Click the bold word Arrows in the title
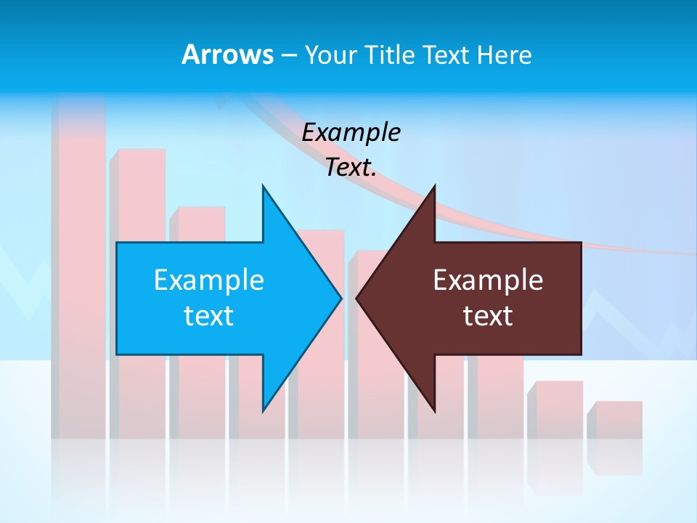(227, 54)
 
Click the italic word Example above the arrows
(351, 133)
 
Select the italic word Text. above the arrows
(351, 168)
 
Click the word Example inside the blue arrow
(209, 280)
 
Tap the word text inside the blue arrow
(209, 316)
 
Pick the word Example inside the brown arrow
(488, 280)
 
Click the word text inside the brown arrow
(488, 316)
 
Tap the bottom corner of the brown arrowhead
(434, 410)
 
